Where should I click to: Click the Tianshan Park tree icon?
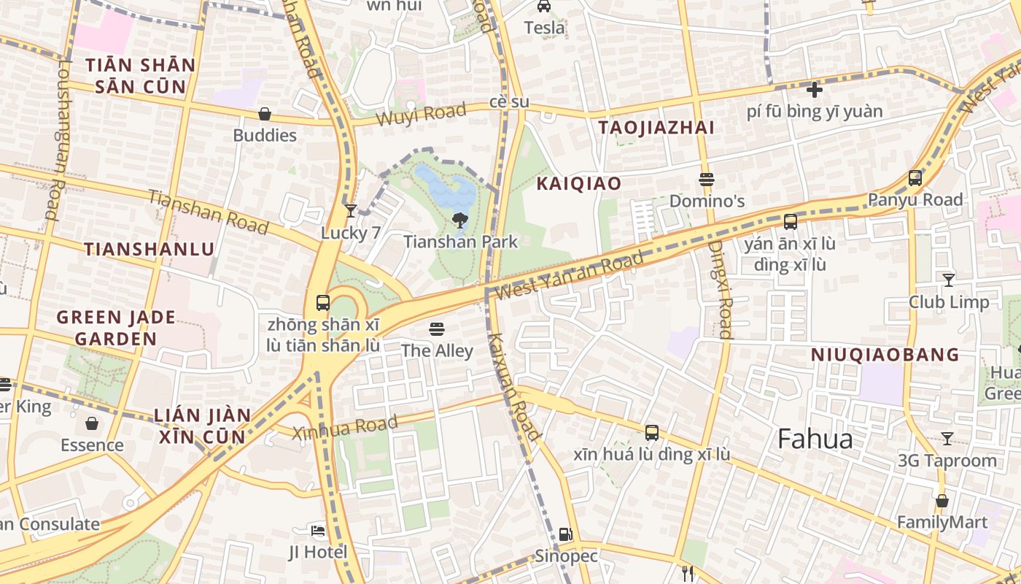[460, 220]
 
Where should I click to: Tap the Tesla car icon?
[544, 7]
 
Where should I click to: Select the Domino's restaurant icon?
[706, 180]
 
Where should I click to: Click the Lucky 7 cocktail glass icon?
[351, 211]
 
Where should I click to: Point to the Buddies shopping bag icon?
[265, 114]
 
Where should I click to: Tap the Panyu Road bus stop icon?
[915, 177]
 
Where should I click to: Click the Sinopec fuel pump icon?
[565, 534]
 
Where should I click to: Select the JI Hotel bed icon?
[318, 530]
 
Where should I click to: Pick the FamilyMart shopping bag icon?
[942, 501]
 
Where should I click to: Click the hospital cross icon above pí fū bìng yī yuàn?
[815, 90]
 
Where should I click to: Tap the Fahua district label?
[815, 439]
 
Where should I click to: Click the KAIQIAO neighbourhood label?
[578, 183]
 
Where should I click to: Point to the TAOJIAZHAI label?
[656, 128]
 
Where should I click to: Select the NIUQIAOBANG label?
[885, 355]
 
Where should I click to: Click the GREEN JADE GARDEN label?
[116, 328]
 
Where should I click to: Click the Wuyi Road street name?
[421, 114]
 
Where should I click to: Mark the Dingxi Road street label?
[720, 290]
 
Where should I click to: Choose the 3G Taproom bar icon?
[947, 439]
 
